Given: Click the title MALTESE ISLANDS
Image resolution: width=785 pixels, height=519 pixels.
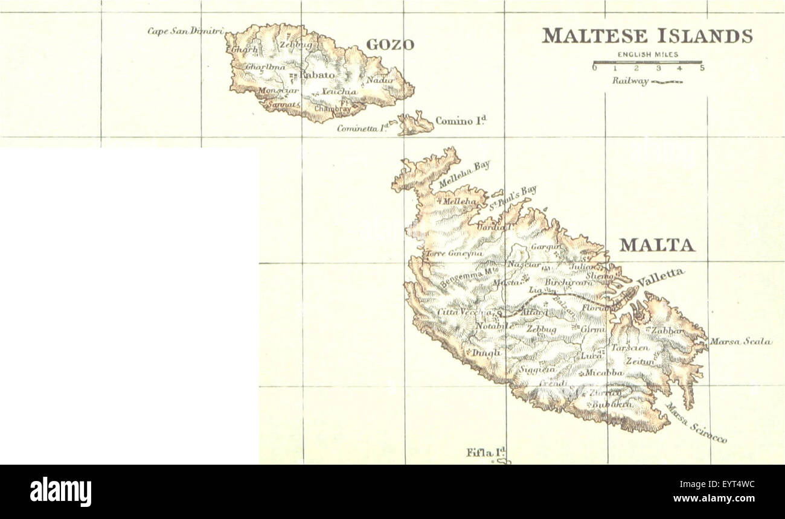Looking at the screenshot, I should pos(647,36).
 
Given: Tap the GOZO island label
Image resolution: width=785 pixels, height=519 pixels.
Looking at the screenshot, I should pos(390,45).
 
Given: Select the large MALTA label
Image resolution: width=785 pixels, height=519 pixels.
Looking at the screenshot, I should pos(657,245).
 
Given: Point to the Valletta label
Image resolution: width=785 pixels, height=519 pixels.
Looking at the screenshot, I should pos(661,278).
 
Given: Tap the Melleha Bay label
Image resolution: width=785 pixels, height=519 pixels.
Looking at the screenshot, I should pos(464,174).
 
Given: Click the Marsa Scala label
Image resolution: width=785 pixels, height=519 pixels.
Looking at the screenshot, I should pos(740,342).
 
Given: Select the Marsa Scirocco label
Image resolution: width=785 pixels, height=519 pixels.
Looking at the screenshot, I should pos(696,423).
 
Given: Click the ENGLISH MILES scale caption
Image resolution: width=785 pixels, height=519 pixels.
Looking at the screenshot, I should pos(647,55).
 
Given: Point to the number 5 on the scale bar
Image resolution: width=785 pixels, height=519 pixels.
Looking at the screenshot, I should pos(702,68).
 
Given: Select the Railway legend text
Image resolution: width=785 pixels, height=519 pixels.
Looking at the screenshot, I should pos(630,81).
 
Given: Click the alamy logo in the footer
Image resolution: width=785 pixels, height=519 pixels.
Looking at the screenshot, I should pos(60,492).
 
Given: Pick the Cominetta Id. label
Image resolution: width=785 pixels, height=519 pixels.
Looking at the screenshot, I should pos(361,128).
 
